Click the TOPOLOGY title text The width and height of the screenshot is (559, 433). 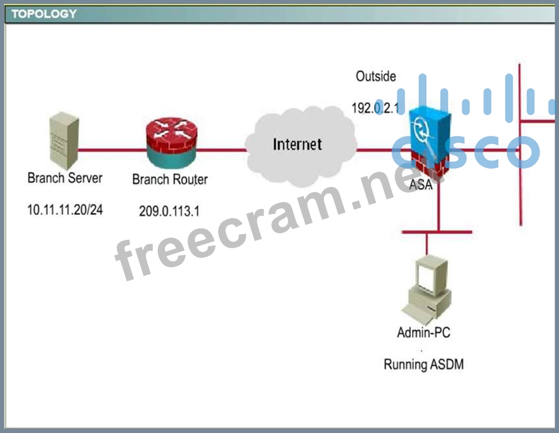[x=44, y=14]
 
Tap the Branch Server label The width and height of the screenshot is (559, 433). [x=64, y=178]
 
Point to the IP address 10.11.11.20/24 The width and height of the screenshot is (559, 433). [x=65, y=209]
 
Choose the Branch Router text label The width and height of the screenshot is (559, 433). [x=169, y=179]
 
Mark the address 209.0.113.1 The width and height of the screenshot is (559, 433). [x=169, y=211]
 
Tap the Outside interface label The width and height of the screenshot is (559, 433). [x=376, y=76]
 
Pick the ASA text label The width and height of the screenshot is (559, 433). [x=421, y=185]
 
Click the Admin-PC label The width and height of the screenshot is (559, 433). [x=423, y=333]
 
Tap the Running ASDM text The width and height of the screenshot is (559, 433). [x=423, y=365]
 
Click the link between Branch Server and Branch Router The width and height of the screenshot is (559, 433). [x=110, y=150]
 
